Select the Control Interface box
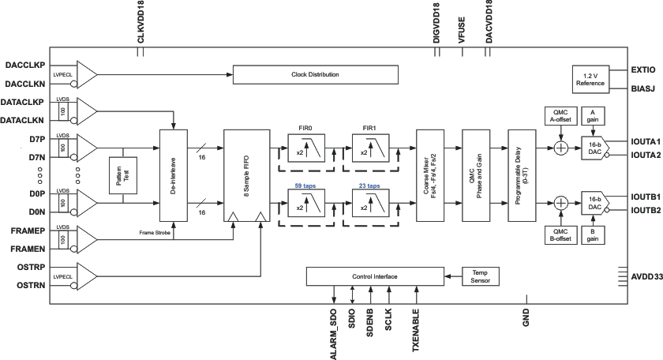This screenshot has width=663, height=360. coord(374,276)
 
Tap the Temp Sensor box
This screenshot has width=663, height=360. coord(480,276)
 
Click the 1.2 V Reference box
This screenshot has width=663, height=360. coord(590,79)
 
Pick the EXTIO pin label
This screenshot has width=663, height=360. coord(643,70)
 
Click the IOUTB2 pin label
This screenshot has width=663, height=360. coord(646,211)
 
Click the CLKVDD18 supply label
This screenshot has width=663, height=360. coord(141,24)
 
